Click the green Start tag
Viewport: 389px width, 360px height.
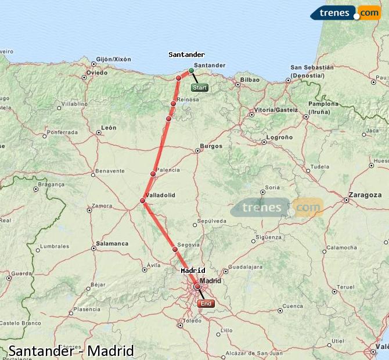[199, 88]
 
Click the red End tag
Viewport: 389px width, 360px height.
[206, 303]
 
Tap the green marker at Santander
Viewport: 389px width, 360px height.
[191, 71]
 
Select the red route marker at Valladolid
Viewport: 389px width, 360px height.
[143, 201]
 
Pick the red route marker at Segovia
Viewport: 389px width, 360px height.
[175, 250]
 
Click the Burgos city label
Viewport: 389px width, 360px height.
[211, 146]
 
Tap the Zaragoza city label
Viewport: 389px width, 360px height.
[365, 195]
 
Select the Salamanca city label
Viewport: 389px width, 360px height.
[112, 244]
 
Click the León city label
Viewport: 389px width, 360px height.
[109, 128]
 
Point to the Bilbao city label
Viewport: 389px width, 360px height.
[250, 80]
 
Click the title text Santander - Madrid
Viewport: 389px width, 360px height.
[71, 351]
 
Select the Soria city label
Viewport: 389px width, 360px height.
[272, 188]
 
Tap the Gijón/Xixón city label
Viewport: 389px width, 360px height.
[114, 59]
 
